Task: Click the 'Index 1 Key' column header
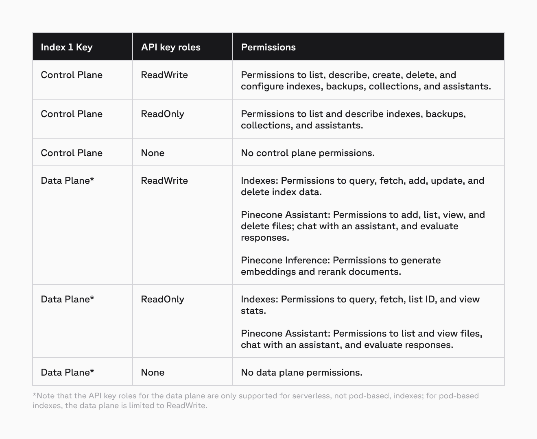pyautogui.click(x=67, y=47)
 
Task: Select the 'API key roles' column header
pyautogui.click(x=171, y=47)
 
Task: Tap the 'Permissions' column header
pyautogui.click(x=268, y=47)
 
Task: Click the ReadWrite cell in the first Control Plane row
pyautogui.click(x=164, y=75)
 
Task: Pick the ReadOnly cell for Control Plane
pyautogui.click(x=162, y=114)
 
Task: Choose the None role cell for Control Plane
pyautogui.click(x=153, y=153)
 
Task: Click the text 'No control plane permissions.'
pyautogui.click(x=308, y=153)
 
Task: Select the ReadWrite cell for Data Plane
pyautogui.click(x=164, y=180)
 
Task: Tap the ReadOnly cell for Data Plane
pyautogui.click(x=162, y=299)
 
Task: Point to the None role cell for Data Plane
pyautogui.click(x=153, y=372)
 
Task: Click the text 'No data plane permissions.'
pyautogui.click(x=301, y=372)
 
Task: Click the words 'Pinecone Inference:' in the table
pyautogui.click(x=285, y=260)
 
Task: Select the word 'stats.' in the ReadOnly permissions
pyautogui.click(x=253, y=311)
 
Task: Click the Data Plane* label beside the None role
pyautogui.click(x=68, y=372)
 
